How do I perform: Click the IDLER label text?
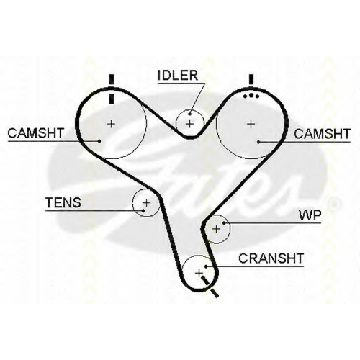[x=178, y=76]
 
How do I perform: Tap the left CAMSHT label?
[x=36, y=133]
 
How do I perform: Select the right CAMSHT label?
[x=323, y=134]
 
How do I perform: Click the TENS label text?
[x=63, y=202]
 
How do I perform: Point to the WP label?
[x=310, y=215]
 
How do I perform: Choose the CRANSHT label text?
[x=271, y=258]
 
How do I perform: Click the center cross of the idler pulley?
[x=189, y=124]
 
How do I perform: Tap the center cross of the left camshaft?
[x=111, y=124]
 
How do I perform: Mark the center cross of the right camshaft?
[x=251, y=124]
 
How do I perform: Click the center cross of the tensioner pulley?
[x=146, y=203]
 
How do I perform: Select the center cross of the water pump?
[x=216, y=229]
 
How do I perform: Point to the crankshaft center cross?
[x=199, y=273]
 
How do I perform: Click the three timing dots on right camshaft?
[x=251, y=96]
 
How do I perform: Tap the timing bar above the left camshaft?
[x=111, y=89]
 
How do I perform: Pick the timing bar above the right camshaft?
[x=251, y=79]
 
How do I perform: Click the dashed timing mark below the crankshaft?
[x=210, y=287]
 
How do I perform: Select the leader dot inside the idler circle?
[x=190, y=114]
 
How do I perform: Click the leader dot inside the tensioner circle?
[x=143, y=211]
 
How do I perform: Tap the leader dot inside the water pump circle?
[x=224, y=223]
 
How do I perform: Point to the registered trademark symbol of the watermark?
[x=334, y=204]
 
